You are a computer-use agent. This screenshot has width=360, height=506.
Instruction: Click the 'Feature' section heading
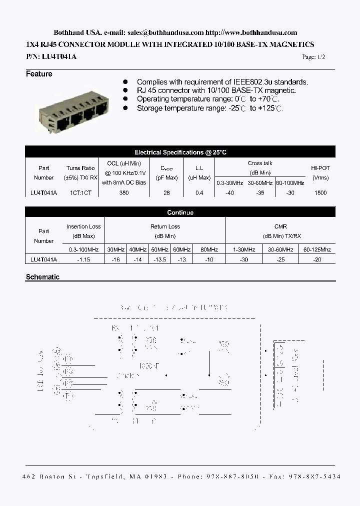[39, 74]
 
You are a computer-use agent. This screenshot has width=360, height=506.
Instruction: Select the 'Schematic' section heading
[42, 277]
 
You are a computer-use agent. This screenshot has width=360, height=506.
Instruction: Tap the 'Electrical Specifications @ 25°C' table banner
[180, 152]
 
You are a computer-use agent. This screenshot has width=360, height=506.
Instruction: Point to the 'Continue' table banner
[180, 212]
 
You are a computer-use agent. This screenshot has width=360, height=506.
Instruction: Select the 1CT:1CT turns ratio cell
[80, 193]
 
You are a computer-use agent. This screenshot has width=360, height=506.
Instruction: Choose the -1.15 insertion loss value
[83, 259]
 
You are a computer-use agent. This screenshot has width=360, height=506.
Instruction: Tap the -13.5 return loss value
[159, 259]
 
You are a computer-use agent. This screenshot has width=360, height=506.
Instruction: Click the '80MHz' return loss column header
[209, 249]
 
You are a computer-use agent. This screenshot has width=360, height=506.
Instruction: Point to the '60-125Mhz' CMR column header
[316, 249]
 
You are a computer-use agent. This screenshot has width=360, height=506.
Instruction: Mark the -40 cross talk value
[229, 193]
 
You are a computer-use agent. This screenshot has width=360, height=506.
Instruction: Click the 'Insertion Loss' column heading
[83, 226]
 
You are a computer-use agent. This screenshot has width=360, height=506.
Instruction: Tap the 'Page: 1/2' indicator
[313, 57]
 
